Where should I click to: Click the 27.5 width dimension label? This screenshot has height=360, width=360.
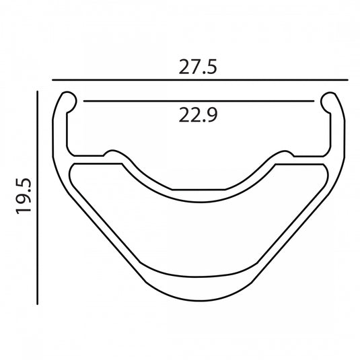tap(198, 67)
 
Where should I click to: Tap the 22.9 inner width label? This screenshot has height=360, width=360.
tap(198, 115)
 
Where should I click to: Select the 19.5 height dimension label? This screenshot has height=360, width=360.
tap(23, 196)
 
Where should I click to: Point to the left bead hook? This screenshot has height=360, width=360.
tap(69, 102)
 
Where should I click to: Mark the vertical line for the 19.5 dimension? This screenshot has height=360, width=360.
tap(38, 198)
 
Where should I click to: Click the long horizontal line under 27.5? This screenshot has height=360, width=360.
tap(200, 80)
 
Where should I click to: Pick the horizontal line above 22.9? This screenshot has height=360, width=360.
tap(199, 101)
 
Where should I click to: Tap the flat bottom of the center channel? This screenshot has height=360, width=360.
tap(199, 190)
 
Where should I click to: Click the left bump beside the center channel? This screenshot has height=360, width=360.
tap(112, 151)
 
